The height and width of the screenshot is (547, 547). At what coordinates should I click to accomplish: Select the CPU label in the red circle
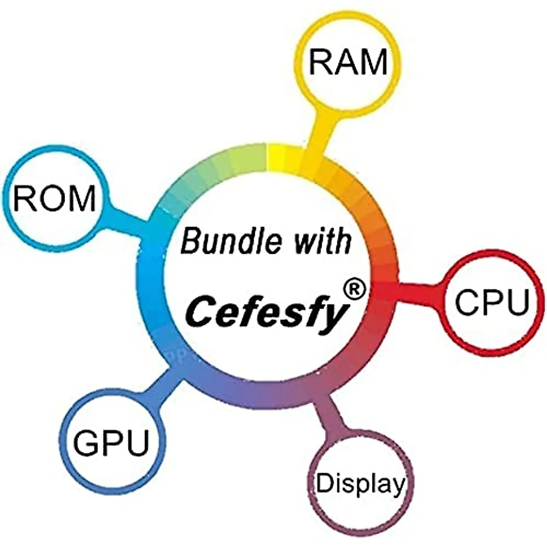click(492, 302)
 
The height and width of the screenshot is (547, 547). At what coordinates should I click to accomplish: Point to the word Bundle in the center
click(231, 241)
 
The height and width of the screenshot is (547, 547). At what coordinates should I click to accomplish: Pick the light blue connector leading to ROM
click(128, 222)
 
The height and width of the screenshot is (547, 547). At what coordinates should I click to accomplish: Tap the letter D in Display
click(323, 483)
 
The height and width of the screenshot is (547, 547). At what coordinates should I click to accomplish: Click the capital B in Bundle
click(191, 241)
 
